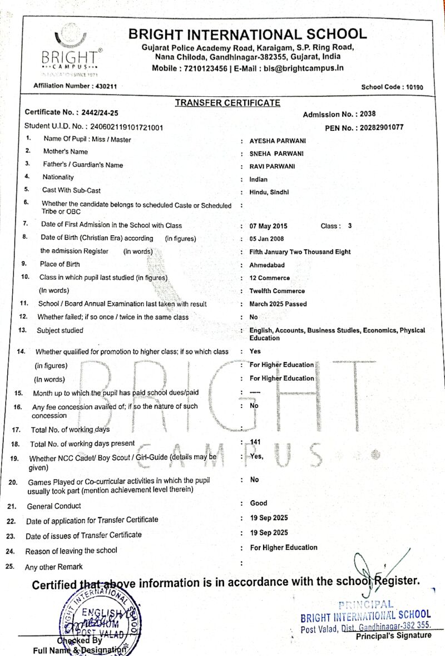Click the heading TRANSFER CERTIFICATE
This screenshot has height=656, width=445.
[228, 103]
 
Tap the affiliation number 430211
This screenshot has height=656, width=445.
[105, 86]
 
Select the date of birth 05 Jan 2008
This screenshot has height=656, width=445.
[269, 239]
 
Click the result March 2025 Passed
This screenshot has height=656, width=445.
[278, 304]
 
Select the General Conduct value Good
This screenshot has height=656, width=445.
[259, 503]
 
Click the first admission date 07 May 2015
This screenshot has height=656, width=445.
[269, 226]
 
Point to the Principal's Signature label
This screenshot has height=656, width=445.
[393, 635]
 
